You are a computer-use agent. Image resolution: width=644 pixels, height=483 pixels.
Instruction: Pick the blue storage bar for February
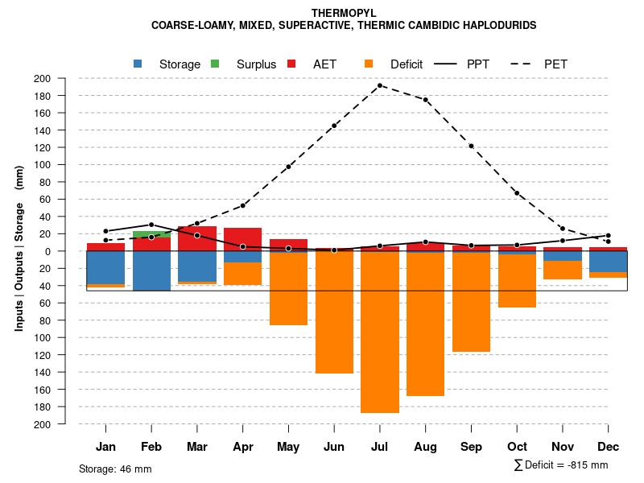[151, 270]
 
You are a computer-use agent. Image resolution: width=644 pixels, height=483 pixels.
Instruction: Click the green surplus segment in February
[151, 234]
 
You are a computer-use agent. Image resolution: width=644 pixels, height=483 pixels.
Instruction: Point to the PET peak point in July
[380, 85]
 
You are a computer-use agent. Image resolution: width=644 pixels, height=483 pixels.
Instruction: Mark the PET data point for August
[425, 100]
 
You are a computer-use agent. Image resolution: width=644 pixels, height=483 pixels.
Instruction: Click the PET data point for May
[288, 167]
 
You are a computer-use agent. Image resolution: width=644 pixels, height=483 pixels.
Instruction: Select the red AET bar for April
[242, 239]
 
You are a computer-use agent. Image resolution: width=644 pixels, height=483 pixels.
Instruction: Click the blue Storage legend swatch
[138, 64]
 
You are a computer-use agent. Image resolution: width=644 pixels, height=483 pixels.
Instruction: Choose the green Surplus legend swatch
[215, 64]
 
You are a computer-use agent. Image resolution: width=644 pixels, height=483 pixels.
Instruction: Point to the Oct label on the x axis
[517, 447]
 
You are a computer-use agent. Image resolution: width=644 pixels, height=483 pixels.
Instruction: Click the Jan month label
[105, 447]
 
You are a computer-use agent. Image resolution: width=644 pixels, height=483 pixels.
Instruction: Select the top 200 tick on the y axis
[42, 78]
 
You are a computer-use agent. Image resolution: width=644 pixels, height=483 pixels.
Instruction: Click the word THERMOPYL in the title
[344, 13]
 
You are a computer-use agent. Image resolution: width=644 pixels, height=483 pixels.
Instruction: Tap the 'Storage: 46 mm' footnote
[115, 469]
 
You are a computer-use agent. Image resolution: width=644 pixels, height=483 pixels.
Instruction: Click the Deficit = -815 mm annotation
[561, 465]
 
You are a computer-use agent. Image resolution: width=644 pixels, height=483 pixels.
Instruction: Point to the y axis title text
[19, 249]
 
